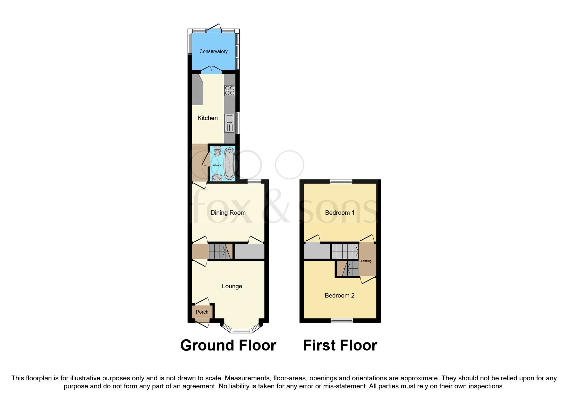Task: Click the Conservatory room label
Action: pos(213,51)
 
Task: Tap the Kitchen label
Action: pos(208,118)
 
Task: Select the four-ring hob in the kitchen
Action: pos(230,90)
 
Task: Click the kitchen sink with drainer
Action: pos(229,124)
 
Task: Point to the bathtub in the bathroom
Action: pos(229,164)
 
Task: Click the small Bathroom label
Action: pos(217,165)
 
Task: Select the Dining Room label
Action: pos(228,212)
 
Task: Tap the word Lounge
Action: pos(232,286)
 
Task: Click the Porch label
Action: pos(202,312)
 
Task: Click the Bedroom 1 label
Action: pos(340,212)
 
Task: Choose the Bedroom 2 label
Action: pos(340,296)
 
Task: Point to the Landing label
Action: pos(366,261)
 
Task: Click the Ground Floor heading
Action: pos(228,345)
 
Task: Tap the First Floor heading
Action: pos(340,345)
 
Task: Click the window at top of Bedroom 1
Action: pos(341,182)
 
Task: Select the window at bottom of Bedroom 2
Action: pos(342,320)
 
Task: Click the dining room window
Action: pos(254,182)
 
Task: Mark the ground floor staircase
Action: pos(220,251)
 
